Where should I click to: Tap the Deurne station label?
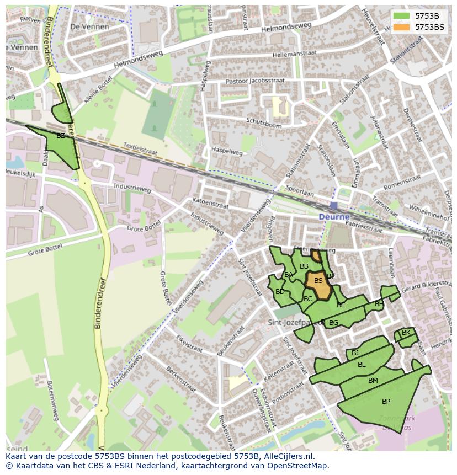tap(334, 217)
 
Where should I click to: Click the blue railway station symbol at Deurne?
tap(334, 206)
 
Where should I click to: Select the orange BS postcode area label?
tap(318, 281)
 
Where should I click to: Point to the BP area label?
tap(386, 402)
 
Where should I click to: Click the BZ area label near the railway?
tap(61, 136)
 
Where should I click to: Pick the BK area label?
tap(406, 333)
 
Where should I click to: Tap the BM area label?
tap(373, 381)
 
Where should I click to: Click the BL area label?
tap(362, 365)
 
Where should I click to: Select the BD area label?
tap(280, 292)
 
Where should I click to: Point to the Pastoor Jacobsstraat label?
tap(255, 81)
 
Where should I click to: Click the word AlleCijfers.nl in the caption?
tap(287, 457)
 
